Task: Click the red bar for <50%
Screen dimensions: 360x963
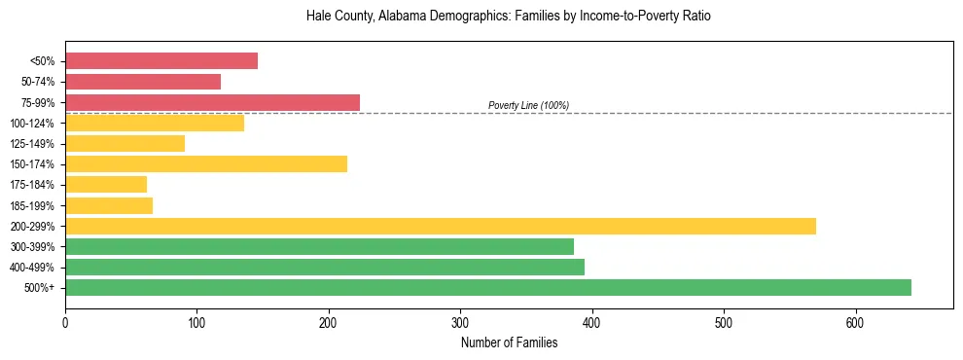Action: (161, 61)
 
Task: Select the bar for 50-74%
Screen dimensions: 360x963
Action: (143, 82)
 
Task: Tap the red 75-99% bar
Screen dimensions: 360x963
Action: (212, 102)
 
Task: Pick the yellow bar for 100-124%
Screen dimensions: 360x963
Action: (155, 123)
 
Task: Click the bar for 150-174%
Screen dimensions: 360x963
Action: (206, 163)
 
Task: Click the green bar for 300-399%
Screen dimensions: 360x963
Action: (319, 246)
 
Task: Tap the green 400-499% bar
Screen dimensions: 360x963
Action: (325, 267)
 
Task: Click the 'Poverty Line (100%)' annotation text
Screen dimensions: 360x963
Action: (528, 105)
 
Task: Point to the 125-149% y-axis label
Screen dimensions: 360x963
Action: (32, 144)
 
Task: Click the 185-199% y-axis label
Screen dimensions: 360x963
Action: (32, 205)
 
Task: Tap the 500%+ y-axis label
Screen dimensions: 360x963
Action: (39, 288)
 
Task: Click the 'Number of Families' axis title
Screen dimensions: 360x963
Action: (509, 342)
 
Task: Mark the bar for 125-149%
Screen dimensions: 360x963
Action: (125, 143)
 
